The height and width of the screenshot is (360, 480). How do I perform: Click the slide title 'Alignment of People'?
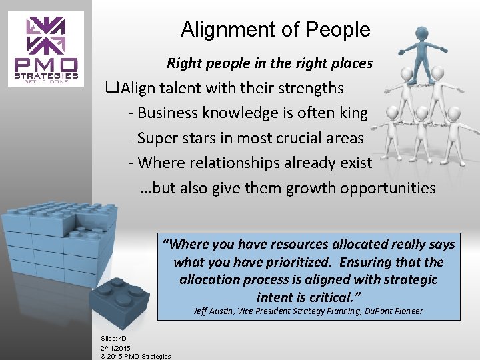[x=275, y=29]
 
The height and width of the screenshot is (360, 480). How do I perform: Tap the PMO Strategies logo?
[x=47, y=49]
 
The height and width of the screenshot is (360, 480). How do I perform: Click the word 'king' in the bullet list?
[x=353, y=113]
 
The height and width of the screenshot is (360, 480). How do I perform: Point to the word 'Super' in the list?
[x=158, y=138]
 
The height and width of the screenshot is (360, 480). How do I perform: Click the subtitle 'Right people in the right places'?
[x=269, y=63]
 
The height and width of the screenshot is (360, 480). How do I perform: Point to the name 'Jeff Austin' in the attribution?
[x=212, y=311]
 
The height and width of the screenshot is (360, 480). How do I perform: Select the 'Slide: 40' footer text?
[x=113, y=338]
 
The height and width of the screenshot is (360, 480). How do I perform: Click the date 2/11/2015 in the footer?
[x=115, y=347]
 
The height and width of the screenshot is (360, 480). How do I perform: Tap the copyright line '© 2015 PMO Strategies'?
[x=135, y=356]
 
